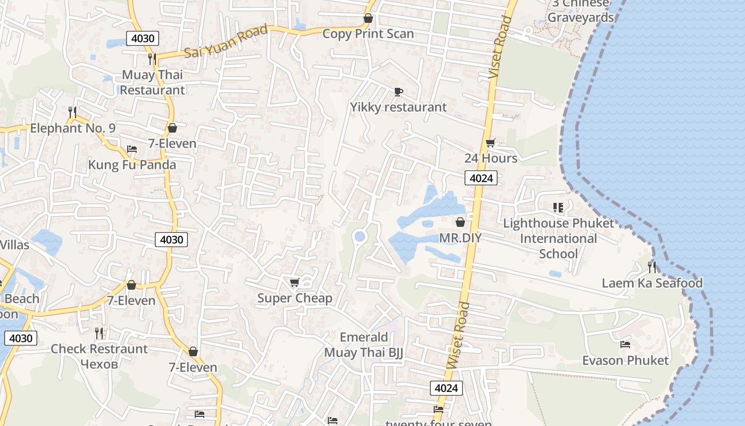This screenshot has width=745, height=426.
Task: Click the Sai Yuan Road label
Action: point(226,42)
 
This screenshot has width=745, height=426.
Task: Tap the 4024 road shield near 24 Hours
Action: point(481,178)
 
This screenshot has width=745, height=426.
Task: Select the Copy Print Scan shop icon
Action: point(368,19)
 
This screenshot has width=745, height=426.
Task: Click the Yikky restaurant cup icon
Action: point(398,92)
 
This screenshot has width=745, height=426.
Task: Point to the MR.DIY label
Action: point(460,237)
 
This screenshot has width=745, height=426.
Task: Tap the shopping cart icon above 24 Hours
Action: point(490,143)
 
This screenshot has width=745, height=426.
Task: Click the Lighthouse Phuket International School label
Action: point(558,238)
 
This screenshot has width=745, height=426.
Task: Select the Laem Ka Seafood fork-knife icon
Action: point(652,267)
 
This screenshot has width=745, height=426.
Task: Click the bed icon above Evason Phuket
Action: point(625,345)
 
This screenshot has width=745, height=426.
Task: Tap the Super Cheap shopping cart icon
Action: point(294,282)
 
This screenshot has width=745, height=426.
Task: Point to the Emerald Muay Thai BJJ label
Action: point(364,345)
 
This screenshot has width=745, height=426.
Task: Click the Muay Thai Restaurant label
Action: point(153,82)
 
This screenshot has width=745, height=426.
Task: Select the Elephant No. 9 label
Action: point(73,128)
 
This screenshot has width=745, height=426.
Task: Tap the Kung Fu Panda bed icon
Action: point(132,149)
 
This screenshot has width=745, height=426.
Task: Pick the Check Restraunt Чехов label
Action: point(99,356)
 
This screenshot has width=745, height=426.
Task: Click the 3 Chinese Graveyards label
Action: point(581,11)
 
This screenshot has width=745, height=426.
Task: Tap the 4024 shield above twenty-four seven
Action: point(446,388)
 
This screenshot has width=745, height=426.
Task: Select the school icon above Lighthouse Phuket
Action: point(558,207)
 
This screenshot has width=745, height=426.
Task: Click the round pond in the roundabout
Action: point(360,236)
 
